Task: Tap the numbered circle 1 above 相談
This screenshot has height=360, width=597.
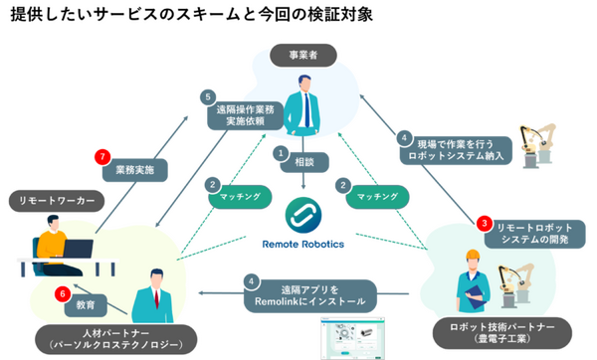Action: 282,154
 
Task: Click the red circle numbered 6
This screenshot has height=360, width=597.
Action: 63,293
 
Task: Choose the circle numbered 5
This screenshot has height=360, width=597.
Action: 208,97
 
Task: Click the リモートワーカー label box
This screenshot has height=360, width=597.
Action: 57,201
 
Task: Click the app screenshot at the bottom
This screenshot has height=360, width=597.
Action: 352,337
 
